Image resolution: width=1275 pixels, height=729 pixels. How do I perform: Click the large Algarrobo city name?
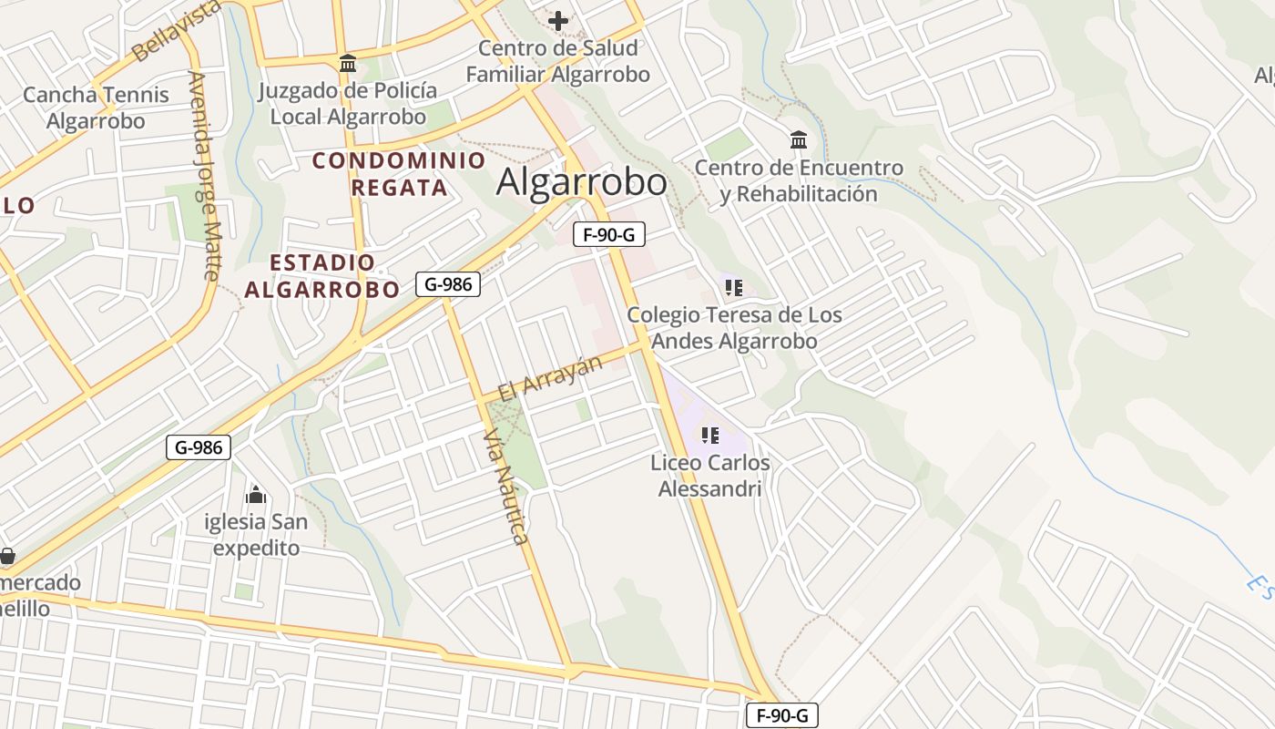tap(581, 182)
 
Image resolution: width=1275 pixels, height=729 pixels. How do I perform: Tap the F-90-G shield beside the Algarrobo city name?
tap(609, 234)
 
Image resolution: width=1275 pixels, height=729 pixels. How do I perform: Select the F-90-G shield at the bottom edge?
tap(782, 715)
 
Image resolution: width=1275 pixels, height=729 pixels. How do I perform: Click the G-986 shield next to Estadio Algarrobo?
tap(448, 284)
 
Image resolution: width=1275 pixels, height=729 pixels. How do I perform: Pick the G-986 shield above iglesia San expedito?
tap(199, 447)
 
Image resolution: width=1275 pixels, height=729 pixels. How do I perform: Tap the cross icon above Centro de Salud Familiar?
tap(558, 20)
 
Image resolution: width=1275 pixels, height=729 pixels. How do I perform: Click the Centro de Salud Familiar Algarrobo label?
tap(558, 62)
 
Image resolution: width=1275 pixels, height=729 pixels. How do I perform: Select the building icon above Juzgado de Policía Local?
tap(347, 64)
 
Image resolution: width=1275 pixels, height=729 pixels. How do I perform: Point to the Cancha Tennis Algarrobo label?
tap(96, 108)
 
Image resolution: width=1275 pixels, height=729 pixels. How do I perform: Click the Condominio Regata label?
tap(399, 174)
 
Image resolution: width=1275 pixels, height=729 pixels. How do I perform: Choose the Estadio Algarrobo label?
tap(322, 276)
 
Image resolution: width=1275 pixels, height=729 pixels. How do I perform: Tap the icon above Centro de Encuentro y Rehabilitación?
tap(799, 140)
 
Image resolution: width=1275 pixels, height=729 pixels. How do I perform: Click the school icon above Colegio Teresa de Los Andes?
tap(734, 289)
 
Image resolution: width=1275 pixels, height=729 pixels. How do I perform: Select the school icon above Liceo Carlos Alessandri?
tap(710, 436)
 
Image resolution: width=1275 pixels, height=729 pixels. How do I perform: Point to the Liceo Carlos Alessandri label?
tap(710, 476)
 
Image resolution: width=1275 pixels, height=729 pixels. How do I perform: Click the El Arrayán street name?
tap(550, 377)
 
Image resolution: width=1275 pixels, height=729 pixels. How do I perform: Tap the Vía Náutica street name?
tap(507, 488)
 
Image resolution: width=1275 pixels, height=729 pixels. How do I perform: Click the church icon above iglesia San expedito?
tap(256, 495)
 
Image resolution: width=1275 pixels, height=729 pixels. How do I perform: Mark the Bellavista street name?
tap(176, 31)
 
